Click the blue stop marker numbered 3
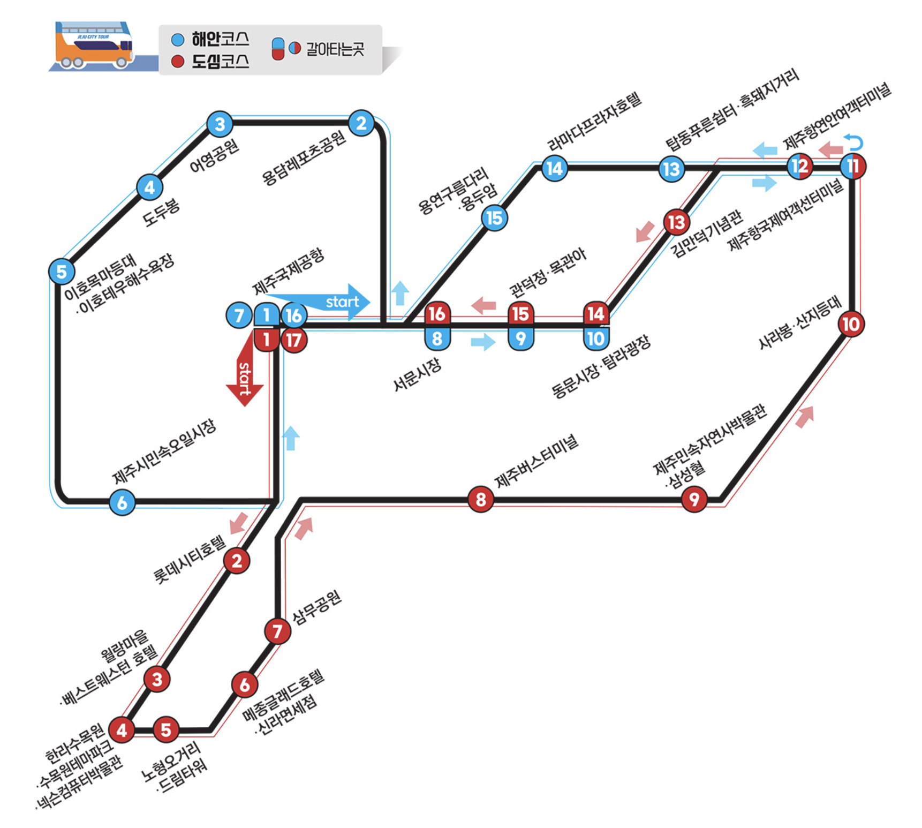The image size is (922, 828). pos(220,124)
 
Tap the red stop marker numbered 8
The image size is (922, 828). pos(480,499)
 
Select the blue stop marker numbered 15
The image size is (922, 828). pos(494,218)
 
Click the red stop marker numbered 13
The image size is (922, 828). pos(676,222)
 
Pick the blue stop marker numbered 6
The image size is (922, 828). pos(122,502)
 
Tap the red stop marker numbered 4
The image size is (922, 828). pos(122,729)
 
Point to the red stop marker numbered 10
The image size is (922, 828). pos(851,324)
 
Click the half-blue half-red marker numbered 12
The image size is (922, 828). pos(799,167)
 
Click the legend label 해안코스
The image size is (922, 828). pos(220,39)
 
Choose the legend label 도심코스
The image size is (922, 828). pos(220,62)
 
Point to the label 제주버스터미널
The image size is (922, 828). pos(536,461)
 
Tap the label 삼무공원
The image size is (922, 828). pos(316,608)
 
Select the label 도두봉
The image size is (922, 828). pos(161,212)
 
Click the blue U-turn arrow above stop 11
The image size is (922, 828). pos(854,142)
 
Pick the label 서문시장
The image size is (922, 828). pos(417,374)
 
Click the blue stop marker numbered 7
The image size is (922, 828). pos(239,315)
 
